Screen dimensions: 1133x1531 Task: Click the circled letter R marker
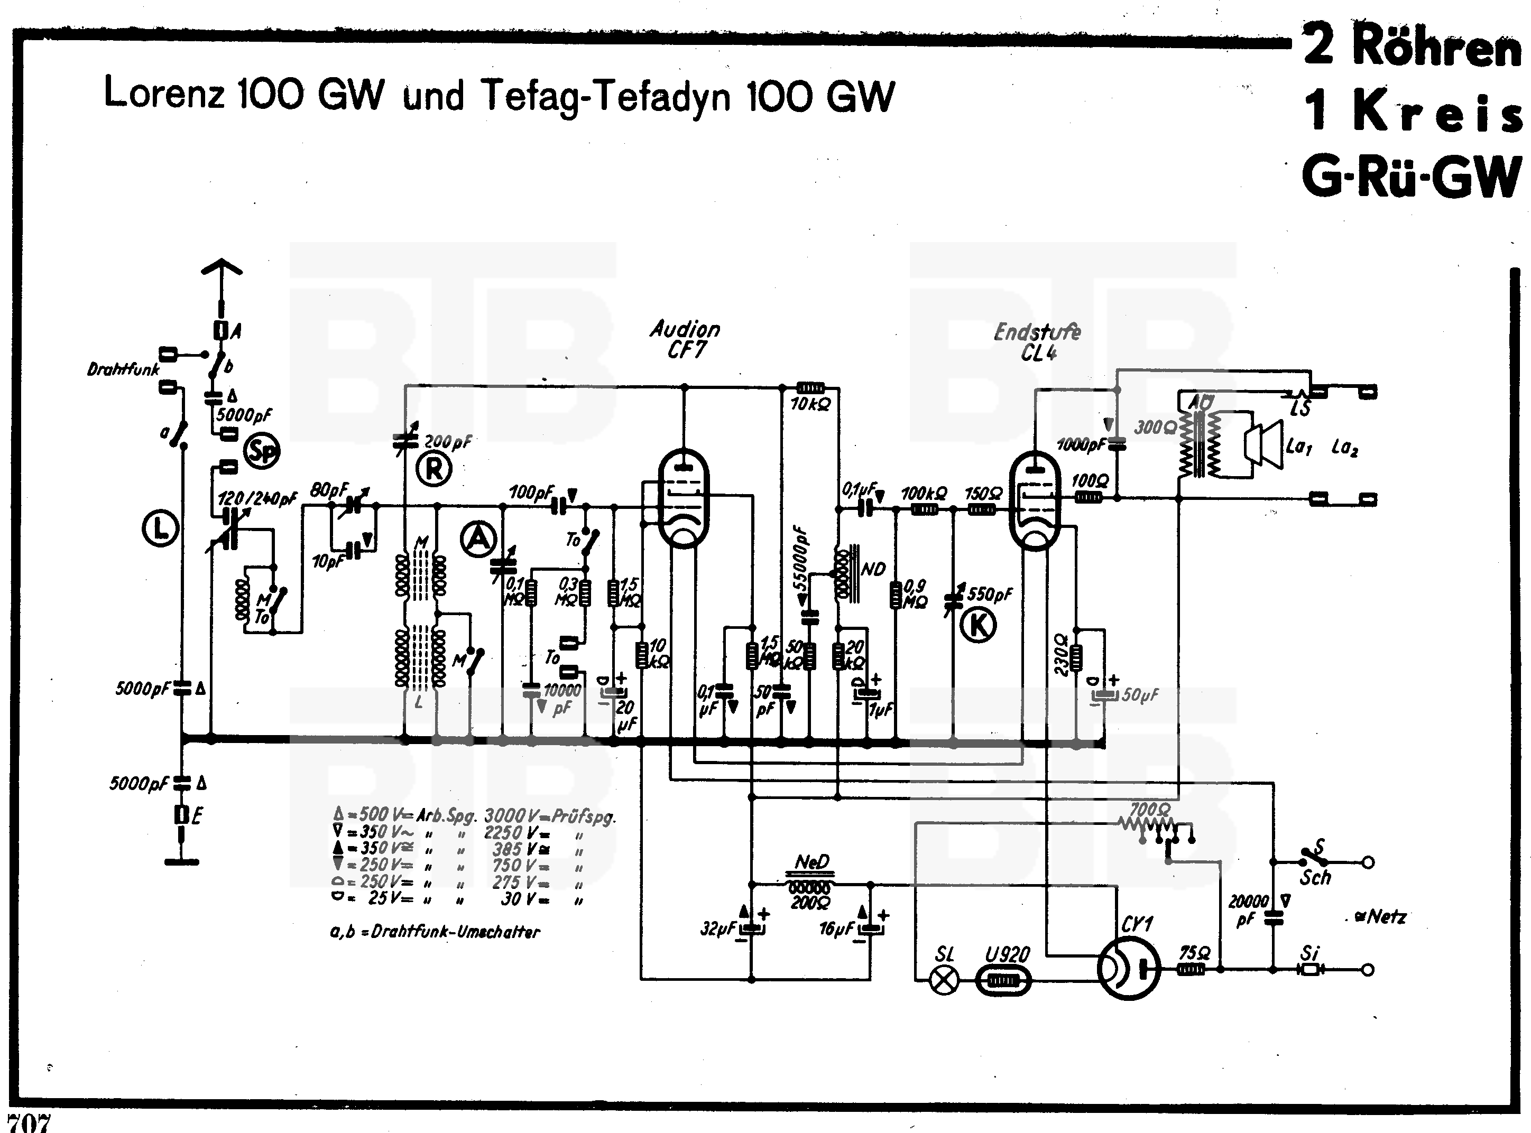point(434,470)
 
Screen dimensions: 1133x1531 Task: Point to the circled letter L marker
point(161,529)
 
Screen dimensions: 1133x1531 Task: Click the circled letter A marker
point(479,538)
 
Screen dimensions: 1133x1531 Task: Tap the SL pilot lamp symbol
point(945,981)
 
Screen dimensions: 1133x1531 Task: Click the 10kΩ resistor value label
point(810,405)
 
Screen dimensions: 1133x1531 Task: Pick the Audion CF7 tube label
point(685,339)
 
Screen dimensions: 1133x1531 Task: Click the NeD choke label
point(812,861)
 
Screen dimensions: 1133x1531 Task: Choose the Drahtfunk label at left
point(123,370)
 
